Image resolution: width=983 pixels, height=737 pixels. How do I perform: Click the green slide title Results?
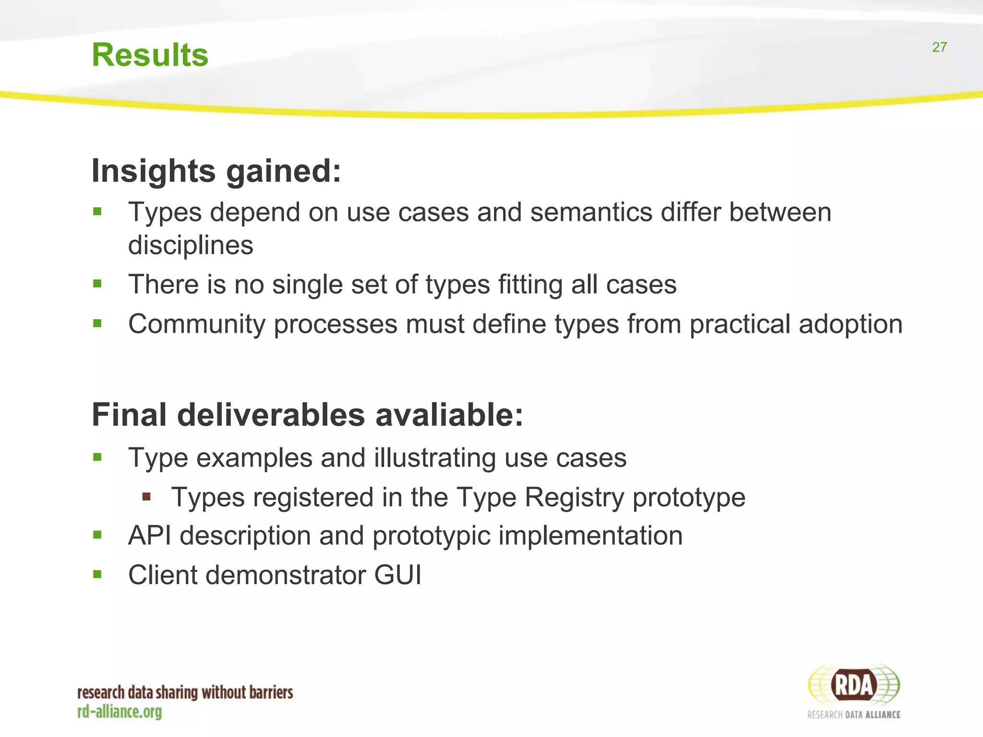pyautogui.click(x=150, y=55)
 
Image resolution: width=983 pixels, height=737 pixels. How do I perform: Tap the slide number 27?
pyautogui.click(x=939, y=47)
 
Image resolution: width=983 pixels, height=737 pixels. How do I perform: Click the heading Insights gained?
pyautogui.click(x=216, y=171)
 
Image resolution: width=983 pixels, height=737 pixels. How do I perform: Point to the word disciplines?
pyautogui.click(x=191, y=245)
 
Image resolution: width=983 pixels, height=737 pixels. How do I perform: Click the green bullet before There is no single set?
pyautogui.click(x=97, y=283)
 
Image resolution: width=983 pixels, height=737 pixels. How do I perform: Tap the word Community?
pyautogui.click(x=197, y=324)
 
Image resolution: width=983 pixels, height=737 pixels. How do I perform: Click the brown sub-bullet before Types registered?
pyautogui.click(x=146, y=496)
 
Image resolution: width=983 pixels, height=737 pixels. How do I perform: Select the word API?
pyautogui.click(x=150, y=535)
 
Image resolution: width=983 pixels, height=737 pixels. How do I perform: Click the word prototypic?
pyautogui.click(x=432, y=536)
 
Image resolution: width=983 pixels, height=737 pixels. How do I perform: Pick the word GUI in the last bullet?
pyautogui.click(x=398, y=575)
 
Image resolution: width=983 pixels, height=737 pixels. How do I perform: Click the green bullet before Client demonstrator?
pyautogui.click(x=97, y=574)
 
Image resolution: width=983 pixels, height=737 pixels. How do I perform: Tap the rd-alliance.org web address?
pyautogui.click(x=120, y=712)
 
